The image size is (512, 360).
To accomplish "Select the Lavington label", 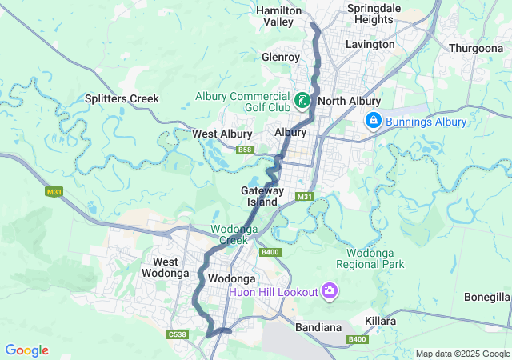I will [370, 45].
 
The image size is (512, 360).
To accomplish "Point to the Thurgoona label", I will [475, 48].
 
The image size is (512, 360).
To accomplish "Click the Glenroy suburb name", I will [281, 58].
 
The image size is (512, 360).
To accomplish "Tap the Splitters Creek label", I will [122, 98].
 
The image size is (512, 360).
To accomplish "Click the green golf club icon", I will [302, 101].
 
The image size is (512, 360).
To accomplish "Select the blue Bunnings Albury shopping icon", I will [373, 121].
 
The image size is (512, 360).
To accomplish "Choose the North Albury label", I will [348, 102].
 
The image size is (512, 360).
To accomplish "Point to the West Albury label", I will [222, 134].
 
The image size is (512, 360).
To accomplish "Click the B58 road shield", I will [245, 150].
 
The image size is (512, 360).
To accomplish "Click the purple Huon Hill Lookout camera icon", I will [329, 290].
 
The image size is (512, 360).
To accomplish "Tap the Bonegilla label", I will [486, 297].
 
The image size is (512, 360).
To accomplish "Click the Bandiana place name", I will [318, 328].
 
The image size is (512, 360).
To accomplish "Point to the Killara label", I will [381, 321].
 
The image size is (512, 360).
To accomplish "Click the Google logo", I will [26, 350].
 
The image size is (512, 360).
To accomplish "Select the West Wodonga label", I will [166, 267].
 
